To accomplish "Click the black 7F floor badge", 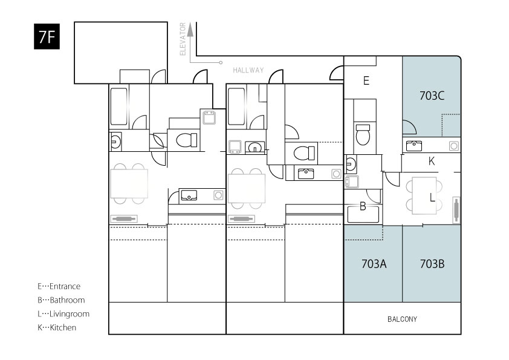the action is (47, 36).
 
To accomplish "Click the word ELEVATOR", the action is (183, 39).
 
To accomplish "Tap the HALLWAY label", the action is (248, 70).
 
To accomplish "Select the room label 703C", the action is (432, 96).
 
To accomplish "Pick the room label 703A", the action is (374, 264).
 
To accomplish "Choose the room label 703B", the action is (432, 264).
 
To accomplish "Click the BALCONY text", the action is (402, 319).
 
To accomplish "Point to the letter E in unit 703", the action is (366, 80).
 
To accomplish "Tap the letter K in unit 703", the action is (432, 161).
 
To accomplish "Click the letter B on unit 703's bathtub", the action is (363, 206).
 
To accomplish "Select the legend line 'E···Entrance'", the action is (59, 286).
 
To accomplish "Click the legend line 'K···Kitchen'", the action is (57, 327).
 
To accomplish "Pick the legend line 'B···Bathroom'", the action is (61, 300).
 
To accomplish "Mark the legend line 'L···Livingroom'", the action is (63, 314).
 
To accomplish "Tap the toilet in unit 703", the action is (363, 134).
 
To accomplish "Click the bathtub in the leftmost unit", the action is (119, 106).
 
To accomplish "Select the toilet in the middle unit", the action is (304, 153).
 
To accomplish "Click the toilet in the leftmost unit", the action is (187, 140).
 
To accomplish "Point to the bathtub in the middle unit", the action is (236, 106).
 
